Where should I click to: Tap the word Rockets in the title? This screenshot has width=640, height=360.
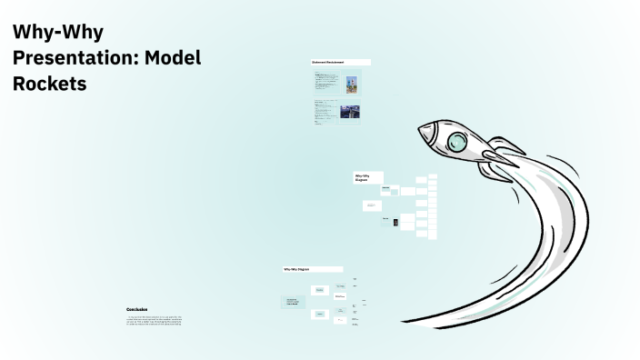49,84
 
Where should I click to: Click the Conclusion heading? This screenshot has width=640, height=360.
136,309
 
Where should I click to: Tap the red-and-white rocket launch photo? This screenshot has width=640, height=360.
351,83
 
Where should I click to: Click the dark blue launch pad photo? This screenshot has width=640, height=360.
350,112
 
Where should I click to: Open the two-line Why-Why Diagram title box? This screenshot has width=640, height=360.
367,177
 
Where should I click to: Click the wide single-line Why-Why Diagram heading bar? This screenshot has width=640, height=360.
313,269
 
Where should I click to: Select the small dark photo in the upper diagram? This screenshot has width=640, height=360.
395,222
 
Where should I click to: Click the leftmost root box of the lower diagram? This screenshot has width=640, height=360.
293,302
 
